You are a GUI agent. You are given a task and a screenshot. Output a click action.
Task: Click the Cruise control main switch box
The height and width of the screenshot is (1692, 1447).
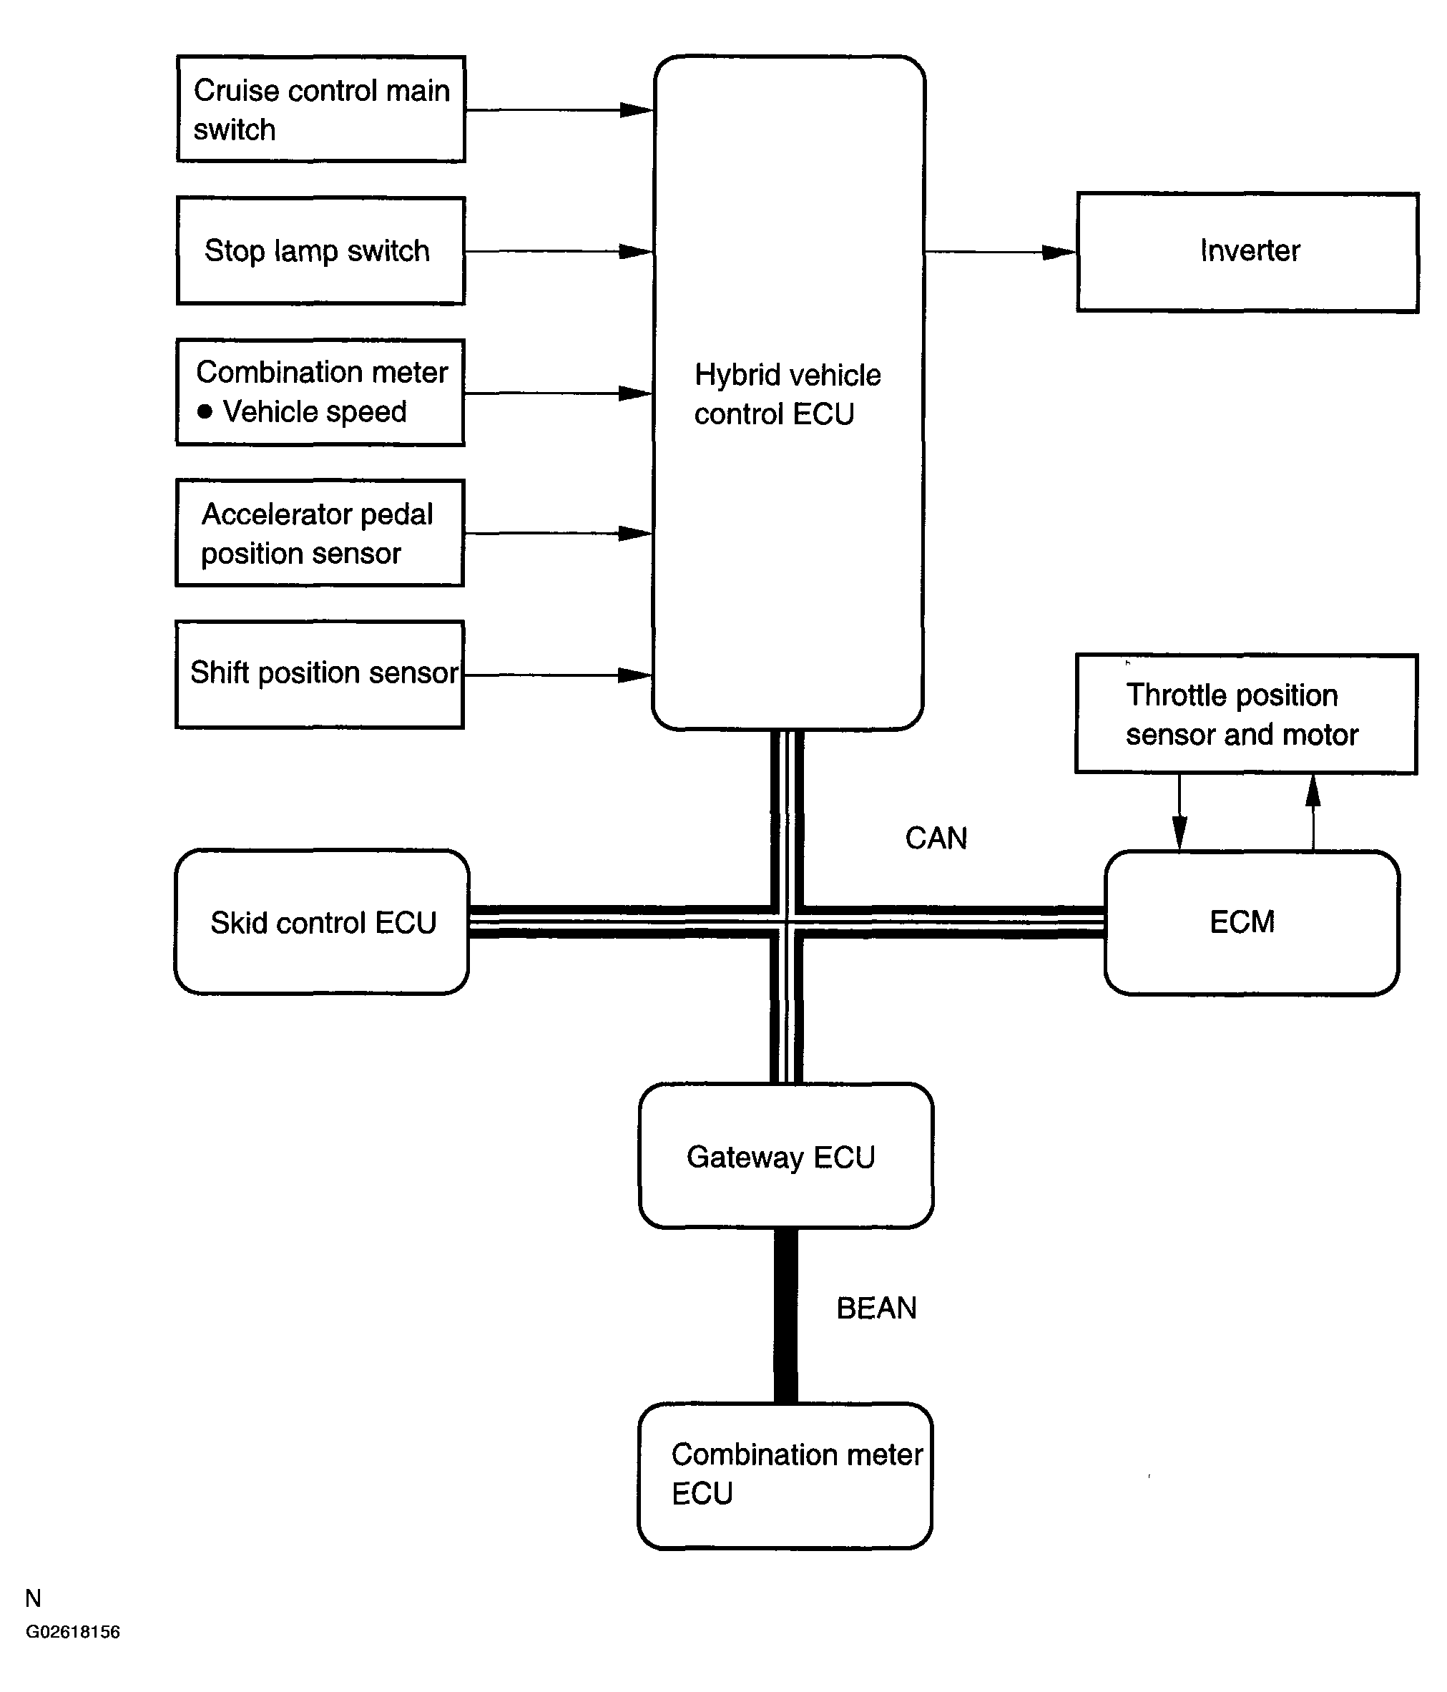tap(321, 109)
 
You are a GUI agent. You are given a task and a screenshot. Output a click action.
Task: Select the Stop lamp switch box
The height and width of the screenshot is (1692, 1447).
tap(321, 250)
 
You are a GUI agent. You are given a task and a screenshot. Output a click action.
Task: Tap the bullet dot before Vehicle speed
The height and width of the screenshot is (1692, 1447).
tap(205, 411)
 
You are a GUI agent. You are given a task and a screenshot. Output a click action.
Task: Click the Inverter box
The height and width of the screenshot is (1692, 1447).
tap(1247, 253)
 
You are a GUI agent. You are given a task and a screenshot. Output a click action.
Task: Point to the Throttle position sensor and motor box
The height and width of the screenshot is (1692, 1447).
tap(1246, 714)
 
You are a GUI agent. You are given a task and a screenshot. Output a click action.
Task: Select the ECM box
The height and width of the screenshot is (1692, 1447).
tap(1252, 923)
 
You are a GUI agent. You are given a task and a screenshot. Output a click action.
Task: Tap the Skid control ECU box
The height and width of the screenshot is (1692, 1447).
tap(322, 922)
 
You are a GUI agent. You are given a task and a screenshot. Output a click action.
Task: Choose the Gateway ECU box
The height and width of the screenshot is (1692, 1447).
tap(785, 1155)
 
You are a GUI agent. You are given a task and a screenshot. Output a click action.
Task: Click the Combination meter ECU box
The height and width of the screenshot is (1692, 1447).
tap(785, 1476)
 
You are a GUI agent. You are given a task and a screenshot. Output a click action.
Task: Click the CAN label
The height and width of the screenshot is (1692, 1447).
tap(936, 838)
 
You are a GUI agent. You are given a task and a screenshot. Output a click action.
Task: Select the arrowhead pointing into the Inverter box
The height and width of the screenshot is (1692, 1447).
tap(1060, 253)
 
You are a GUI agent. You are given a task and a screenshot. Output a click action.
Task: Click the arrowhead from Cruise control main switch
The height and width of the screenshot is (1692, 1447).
tap(636, 109)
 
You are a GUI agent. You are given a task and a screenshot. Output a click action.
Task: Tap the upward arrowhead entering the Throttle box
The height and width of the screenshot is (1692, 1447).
tap(1313, 791)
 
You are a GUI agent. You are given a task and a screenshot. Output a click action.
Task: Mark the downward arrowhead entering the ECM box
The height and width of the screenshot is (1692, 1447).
tap(1179, 833)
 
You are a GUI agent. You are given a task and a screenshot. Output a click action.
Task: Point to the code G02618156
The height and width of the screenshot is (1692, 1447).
tap(73, 1633)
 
